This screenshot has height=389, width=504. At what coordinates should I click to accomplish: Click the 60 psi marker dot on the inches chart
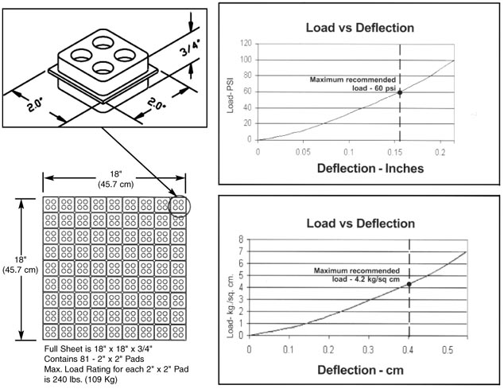pos(400,93)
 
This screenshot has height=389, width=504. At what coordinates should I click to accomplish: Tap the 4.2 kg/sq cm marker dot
pos(409,284)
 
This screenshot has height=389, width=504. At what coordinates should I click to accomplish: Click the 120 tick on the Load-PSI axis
pos(248,43)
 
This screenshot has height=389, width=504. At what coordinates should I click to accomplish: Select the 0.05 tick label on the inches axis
pos(302,150)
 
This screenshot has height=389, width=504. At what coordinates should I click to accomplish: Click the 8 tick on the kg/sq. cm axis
pos(241,239)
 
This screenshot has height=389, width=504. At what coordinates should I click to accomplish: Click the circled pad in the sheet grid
pos(180,205)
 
